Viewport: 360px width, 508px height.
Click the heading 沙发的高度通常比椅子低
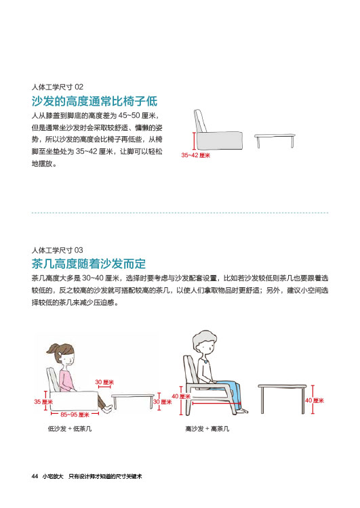click(x=94, y=101)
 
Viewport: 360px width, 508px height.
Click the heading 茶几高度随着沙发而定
click(x=89, y=263)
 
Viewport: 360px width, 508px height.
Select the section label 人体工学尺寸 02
click(x=58, y=87)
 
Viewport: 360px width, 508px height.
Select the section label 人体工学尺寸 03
click(x=58, y=250)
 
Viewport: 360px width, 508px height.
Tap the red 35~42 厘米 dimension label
click(x=195, y=155)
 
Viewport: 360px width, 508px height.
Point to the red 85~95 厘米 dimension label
click(x=75, y=415)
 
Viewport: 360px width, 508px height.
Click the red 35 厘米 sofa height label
click(x=43, y=402)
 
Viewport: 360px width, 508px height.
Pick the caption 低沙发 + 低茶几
click(x=70, y=429)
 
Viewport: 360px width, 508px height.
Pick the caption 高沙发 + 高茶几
click(x=207, y=429)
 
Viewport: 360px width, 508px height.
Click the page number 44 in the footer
click(x=35, y=476)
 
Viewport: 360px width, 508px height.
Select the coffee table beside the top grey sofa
click(x=275, y=140)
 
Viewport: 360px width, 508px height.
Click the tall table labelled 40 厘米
click(x=282, y=398)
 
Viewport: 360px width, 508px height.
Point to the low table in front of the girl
click(x=133, y=401)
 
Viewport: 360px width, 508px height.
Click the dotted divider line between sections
click(x=180, y=213)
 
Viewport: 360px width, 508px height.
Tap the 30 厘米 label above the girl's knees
click(x=104, y=382)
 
